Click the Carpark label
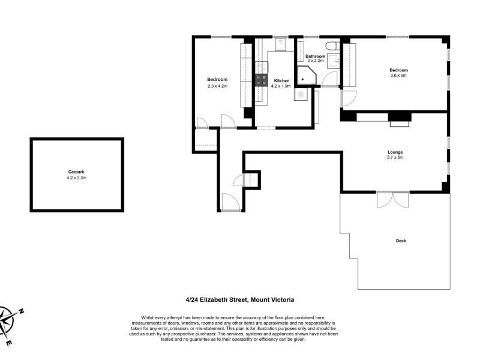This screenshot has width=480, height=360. [76, 172]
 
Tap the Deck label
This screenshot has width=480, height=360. [401, 241]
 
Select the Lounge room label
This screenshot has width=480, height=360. [395, 152]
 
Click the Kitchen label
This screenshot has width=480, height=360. [281, 81]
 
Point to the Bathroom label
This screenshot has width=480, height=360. [316, 56]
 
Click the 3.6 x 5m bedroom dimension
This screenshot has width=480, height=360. [398, 76]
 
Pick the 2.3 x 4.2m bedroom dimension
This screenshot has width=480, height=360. [217, 86]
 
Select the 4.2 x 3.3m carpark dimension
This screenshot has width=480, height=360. [77, 178]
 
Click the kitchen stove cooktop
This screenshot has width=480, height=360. [261, 80]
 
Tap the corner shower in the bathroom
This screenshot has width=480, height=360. [307, 76]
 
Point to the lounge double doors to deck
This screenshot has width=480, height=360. [393, 199]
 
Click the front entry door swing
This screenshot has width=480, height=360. [230, 202]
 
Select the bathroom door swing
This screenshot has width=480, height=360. [330, 79]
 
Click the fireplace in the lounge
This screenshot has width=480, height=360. [400, 119]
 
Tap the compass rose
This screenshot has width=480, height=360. [7, 321]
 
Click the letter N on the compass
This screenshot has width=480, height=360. [21, 311]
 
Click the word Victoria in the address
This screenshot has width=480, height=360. [283, 299]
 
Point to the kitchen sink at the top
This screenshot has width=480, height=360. [280, 44]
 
